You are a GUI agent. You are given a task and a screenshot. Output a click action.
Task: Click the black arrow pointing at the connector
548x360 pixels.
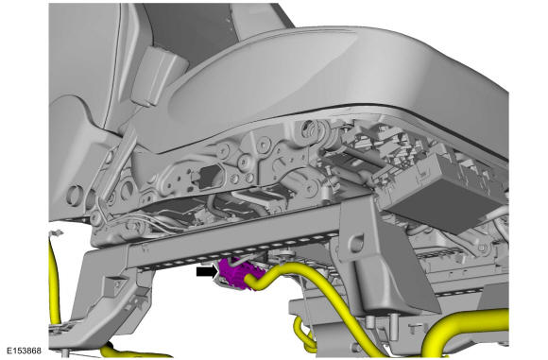pos(207,272)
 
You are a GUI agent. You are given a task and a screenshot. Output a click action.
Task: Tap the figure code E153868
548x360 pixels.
pos(24,351)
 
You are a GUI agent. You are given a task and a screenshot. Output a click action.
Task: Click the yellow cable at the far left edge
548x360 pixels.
pos(54,280)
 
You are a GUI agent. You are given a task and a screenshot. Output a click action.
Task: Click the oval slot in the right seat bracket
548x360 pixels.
pos(357,240)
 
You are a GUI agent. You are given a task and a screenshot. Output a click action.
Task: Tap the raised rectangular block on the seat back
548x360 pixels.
pos(158,75)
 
